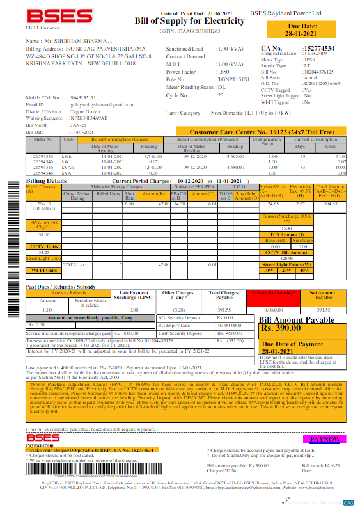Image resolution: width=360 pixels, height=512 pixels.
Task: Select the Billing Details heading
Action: (x=45, y=181)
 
